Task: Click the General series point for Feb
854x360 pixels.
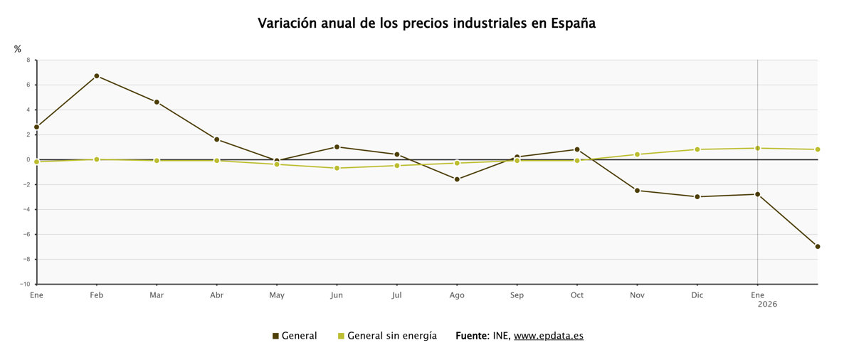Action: click(x=96, y=75)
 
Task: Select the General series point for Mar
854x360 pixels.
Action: click(x=157, y=102)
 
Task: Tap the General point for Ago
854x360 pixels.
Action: click(x=457, y=179)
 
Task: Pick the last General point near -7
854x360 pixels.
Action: click(x=818, y=246)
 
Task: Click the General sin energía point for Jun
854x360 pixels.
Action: click(x=337, y=168)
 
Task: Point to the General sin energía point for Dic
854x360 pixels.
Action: click(x=697, y=149)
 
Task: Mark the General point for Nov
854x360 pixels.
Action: click(x=637, y=190)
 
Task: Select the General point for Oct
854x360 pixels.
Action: click(x=577, y=149)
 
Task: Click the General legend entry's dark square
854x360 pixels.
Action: click(x=275, y=336)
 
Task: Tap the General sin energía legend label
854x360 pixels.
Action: click(x=392, y=336)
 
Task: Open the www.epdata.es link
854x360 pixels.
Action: click(x=548, y=336)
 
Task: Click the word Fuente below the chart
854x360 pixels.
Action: click(x=472, y=336)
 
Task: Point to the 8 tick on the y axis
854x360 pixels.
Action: click(x=28, y=60)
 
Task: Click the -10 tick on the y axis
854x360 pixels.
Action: click(x=25, y=284)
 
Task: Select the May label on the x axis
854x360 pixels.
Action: click(x=277, y=295)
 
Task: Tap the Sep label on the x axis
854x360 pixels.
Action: click(x=517, y=295)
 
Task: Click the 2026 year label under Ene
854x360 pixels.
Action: click(x=767, y=304)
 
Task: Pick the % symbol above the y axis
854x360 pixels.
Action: click(x=18, y=49)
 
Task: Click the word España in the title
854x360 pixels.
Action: click(x=574, y=23)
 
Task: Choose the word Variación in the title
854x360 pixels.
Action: click(x=285, y=23)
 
